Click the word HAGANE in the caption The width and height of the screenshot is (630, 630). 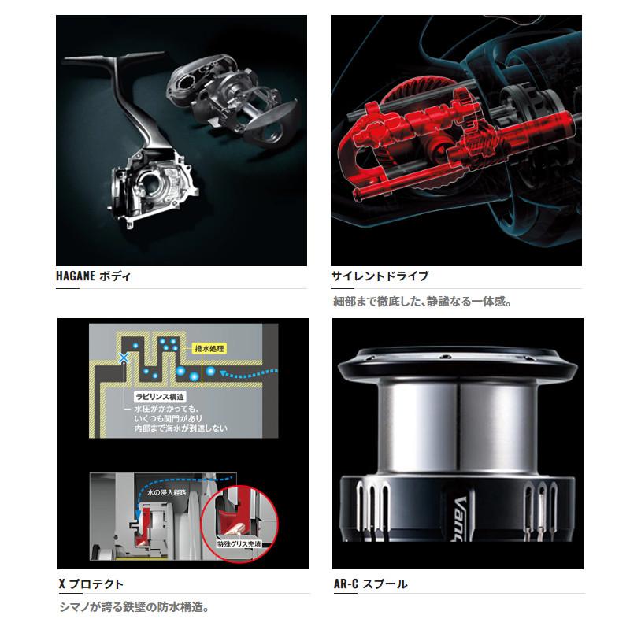pos(77,276)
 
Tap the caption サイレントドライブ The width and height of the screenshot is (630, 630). pos(380,276)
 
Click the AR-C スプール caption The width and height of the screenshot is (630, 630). pos(369,584)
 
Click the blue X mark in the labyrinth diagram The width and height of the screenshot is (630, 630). pos(123,358)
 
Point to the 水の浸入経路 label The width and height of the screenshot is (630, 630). pos(169,493)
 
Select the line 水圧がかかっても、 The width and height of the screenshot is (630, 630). pos(165,409)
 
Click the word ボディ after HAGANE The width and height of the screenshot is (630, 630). pos(115,276)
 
